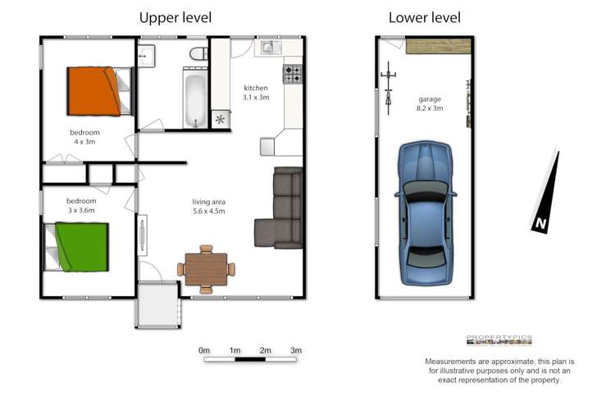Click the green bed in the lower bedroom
(79, 247)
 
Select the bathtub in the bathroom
(194, 102)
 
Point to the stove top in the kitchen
(293, 75)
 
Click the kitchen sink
(271, 48)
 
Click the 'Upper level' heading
(175, 17)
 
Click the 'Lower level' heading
(424, 17)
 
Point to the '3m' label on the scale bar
(296, 351)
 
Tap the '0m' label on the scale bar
(204, 351)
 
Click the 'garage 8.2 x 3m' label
(430, 103)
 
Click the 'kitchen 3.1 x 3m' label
(256, 93)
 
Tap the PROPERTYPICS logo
(499, 339)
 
